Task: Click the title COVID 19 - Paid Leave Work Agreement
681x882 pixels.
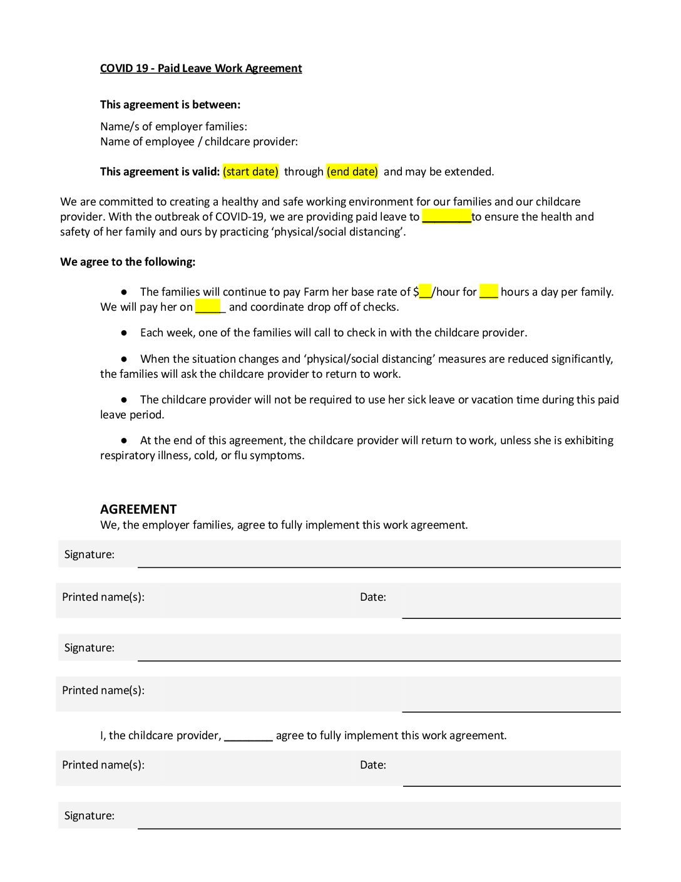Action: click(x=201, y=68)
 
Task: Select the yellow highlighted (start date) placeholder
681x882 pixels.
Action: click(x=250, y=172)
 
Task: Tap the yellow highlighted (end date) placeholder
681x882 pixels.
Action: click(x=352, y=172)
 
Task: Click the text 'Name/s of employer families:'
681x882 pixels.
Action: click(x=173, y=127)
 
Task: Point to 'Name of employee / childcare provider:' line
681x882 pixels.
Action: click(x=199, y=142)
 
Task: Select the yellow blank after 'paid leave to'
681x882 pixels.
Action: click(x=446, y=217)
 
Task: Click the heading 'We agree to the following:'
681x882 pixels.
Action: click(x=128, y=262)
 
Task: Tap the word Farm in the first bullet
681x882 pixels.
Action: click(x=317, y=292)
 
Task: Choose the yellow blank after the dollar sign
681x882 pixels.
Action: click(x=426, y=292)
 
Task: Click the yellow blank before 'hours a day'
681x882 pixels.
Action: click(x=489, y=292)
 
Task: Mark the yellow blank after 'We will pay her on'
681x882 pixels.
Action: click(x=209, y=307)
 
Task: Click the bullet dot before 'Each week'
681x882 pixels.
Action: click(x=124, y=333)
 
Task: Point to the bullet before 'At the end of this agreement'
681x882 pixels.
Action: click(x=124, y=440)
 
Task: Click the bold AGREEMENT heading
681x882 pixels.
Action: click(x=138, y=509)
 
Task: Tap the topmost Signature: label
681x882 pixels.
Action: click(x=90, y=554)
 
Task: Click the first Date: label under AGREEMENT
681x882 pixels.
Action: click(x=373, y=597)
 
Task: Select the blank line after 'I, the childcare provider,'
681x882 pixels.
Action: click(x=248, y=737)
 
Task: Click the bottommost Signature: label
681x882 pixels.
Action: click(x=90, y=816)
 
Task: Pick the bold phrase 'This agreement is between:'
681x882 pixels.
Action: click(x=170, y=105)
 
